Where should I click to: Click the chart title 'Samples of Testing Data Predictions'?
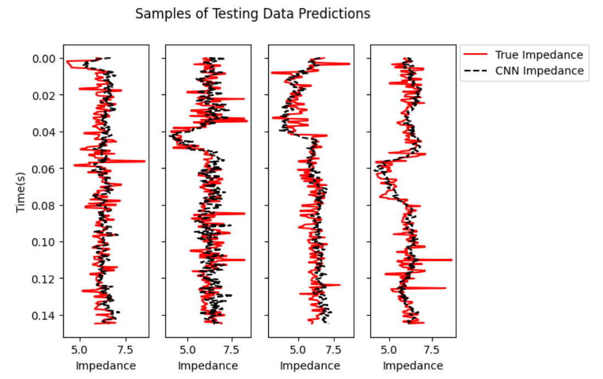[x=253, y=14]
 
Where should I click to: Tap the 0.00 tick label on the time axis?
[x=45, y=59]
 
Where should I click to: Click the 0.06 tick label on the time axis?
[x=45, y=169]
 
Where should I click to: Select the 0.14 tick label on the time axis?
[x=45, y=315]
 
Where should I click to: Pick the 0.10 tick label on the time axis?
[x=45, y=242]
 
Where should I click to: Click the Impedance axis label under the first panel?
[x=106, y=365]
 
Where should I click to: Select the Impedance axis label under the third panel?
[x=310, y=365]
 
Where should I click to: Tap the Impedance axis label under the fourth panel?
[x=413, y=365]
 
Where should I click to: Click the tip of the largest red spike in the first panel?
[x=145, y=161]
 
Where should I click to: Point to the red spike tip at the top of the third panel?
[x=350, y=64]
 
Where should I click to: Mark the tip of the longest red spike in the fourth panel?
[x=452, y=259]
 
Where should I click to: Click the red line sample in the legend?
[x=477, y=54]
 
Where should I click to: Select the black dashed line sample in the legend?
[x=477, y=70]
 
